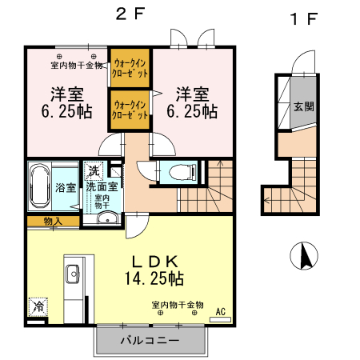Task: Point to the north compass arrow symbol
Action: click(304, 256)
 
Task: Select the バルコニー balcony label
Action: click(152, 339)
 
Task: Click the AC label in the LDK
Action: click(221, 311)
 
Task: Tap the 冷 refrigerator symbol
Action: click(37, 306)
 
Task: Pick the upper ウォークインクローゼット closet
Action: click(130, 66)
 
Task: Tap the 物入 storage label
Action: click(53, 220)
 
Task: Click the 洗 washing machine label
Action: click(94, 170)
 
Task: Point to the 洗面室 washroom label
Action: click(103, 186)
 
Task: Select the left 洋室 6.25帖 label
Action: click(65, 102)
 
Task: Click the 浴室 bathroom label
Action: click(66, 188)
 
